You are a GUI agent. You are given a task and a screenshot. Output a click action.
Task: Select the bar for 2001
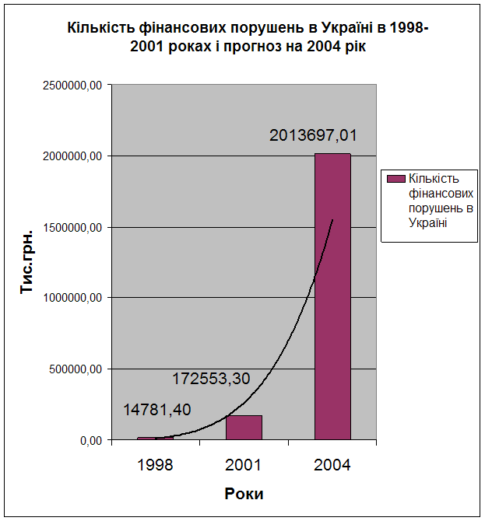click(x=244, y=428)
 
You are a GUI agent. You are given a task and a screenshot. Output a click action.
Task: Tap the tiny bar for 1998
click(x=155, y=439)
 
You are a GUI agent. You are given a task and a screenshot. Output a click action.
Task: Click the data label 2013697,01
click(x=314, y=135)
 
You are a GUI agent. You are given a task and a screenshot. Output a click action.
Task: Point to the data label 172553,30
click(x=211, y=379)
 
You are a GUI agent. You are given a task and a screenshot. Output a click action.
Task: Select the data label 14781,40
click(x=157, y=409)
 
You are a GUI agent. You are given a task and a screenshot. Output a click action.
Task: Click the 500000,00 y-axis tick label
click(x=72, y=369)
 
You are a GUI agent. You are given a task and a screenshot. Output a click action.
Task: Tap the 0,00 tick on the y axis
click(x=90, y=440)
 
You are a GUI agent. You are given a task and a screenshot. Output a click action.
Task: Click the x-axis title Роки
click(x=244, y=494)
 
